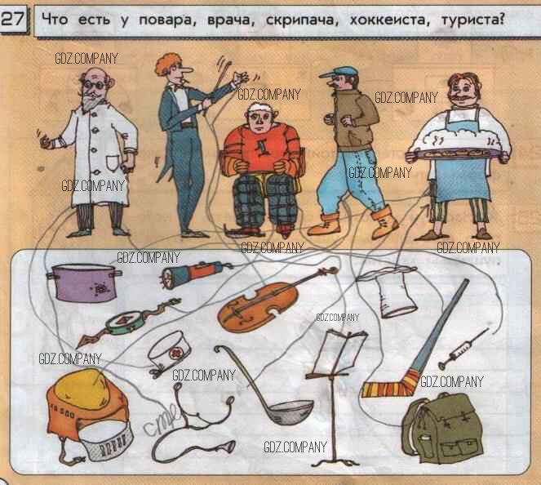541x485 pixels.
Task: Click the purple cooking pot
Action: [84, 283]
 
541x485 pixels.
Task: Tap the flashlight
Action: [196, 273]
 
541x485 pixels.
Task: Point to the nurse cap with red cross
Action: [170, 353]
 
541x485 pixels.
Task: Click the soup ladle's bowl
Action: [290, 412]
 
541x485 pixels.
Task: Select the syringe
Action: [463, 349]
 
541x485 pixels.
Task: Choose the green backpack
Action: [442, 428]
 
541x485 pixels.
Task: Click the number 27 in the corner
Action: [13, 19]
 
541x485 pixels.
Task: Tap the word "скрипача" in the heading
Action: [299, 20]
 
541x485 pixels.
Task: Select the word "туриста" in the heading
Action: [471, 20]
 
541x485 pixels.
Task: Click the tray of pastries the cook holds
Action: [456, 152]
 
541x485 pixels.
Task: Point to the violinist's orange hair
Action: [166, 64]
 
